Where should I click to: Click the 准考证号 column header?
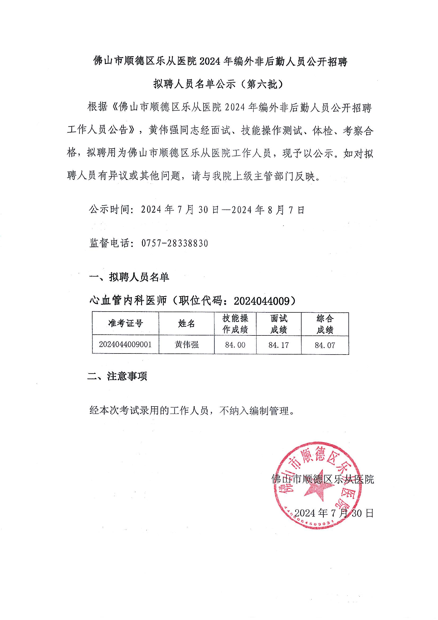pos(125,324)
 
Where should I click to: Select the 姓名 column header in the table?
pos(186,324)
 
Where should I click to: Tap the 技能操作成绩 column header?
pos(235,324)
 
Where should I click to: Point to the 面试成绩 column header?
pos(279,324)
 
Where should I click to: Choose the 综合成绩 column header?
pos(325,324)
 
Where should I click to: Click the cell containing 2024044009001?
pos(125,344)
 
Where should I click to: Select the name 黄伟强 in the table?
pos(187,345)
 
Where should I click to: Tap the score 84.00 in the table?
pos(235,345)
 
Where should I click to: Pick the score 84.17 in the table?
pos(279,345)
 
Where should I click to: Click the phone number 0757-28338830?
pos(175,243)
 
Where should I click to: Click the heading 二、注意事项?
pos(117,376)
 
